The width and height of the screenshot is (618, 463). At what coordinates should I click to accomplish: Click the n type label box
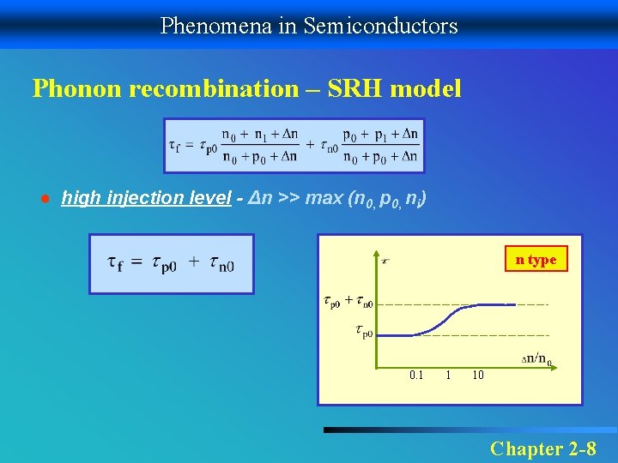(536, 260)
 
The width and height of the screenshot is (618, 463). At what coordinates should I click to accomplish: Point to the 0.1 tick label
(416, 375)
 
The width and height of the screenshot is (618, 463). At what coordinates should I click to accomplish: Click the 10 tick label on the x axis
(478, 375)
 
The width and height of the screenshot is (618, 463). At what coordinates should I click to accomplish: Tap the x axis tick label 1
(448, 375)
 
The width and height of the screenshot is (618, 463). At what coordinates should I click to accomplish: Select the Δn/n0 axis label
(537, 358)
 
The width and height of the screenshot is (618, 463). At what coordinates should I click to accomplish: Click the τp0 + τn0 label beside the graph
(348, 301)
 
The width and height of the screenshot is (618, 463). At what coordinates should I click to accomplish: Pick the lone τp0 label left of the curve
(363, 330)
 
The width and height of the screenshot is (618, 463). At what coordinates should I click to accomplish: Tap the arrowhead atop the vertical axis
(379, 255)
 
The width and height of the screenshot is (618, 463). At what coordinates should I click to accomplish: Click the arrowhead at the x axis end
(559, 366)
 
